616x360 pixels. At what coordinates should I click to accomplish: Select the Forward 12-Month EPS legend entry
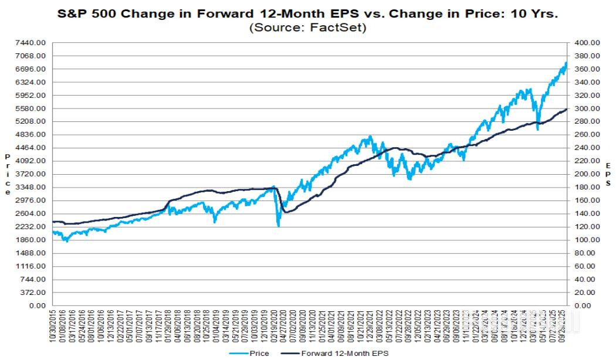[344, 353]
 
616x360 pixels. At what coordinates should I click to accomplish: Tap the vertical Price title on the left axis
[8, 174]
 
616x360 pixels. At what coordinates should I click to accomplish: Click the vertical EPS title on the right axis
[609, 174]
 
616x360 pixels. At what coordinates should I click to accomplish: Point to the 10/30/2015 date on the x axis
[54, 326]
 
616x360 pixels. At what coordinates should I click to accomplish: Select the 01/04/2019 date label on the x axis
[215, 326]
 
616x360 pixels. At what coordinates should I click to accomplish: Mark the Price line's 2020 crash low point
[278, 226]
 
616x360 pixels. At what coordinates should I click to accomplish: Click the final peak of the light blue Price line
[566, 63]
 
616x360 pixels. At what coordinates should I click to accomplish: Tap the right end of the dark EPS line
[567, 109]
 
